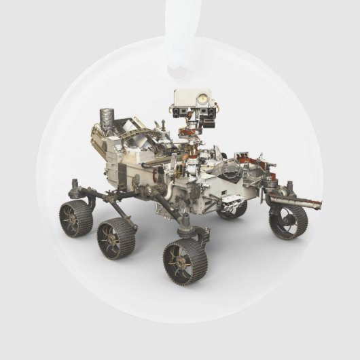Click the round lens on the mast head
[x=202, y=99]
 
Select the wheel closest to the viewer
[x=185, y=261]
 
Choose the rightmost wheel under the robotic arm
[x=288, y=221]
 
